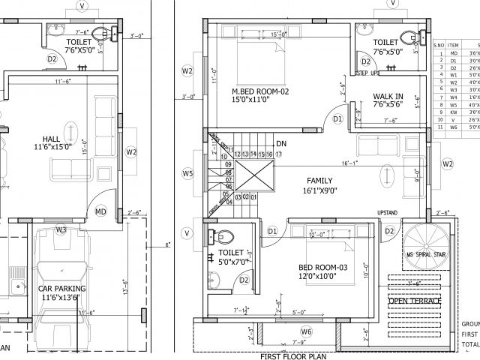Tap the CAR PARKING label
click(61, 288)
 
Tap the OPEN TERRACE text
click(415, 301)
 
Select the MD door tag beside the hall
click(100, 212)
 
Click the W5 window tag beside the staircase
click(187, 174)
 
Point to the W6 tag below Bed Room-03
click(306, 331)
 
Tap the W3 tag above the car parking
click(61, 229)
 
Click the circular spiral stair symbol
click(424, 244)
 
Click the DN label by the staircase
click(281, 142)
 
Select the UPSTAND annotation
click(387, 213)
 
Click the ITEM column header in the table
click(454, 44)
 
